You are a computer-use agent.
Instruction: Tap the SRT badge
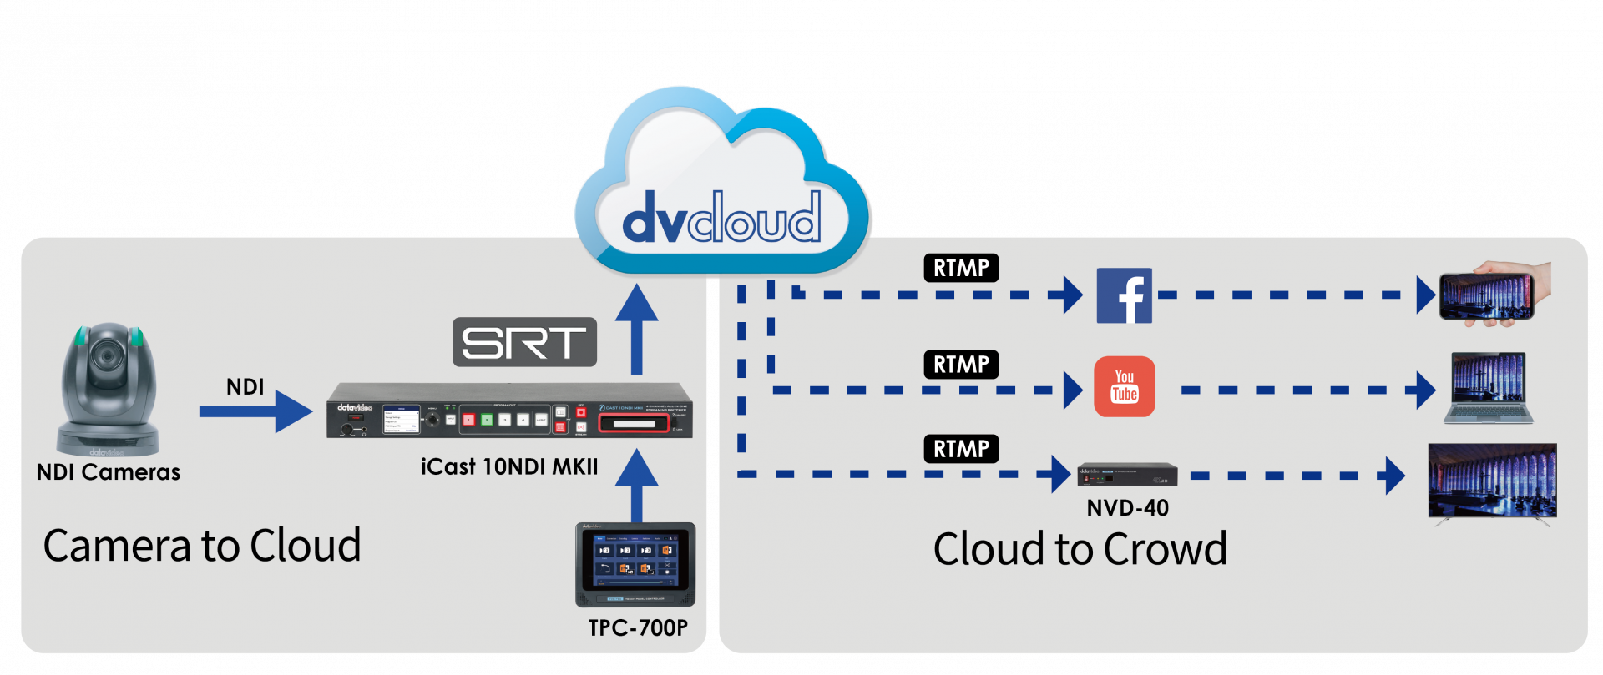[524, 342]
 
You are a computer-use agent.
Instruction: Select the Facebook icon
[1124, 295]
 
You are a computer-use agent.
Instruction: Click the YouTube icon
[1124, 386]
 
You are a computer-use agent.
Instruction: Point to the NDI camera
[109, 388]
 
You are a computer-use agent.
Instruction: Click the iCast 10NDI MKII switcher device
[509, 411]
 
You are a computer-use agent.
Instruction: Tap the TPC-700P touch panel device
[635, 565]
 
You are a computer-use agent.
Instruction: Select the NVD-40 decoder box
[1126, 475]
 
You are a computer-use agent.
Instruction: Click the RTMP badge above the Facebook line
[961, 268]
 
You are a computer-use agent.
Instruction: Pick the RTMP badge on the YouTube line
[961, 365]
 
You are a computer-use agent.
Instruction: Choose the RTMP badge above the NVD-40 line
[961, 449]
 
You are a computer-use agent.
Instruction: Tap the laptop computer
[1489, 389]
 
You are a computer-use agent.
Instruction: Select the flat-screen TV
[1492, 482]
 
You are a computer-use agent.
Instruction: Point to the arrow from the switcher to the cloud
[636, 329]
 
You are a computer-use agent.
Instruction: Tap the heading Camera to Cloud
[202, 546]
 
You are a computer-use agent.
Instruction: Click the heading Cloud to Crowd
[1080, 549]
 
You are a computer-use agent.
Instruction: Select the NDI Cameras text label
[109, 472]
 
